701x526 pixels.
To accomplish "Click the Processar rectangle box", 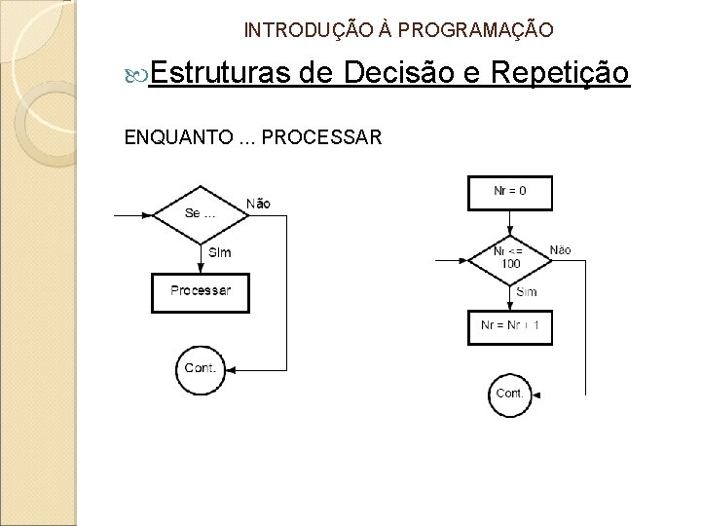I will [x=201, y=290].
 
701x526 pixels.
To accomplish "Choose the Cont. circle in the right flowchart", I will [x=510, y=394].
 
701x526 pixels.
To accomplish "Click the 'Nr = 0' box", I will [x=510, y=191].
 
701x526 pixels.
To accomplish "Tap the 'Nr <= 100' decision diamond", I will [x=510, y=258].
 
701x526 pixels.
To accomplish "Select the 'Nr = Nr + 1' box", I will [x=510, y=324].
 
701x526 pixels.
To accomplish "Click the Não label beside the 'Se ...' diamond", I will [x=258, y=203].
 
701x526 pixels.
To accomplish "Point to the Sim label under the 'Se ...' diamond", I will [x=221, y=252].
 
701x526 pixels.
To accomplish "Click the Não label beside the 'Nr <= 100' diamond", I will [x=560, y=250].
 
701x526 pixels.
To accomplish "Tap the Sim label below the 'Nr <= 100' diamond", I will [x=527, y=292].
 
